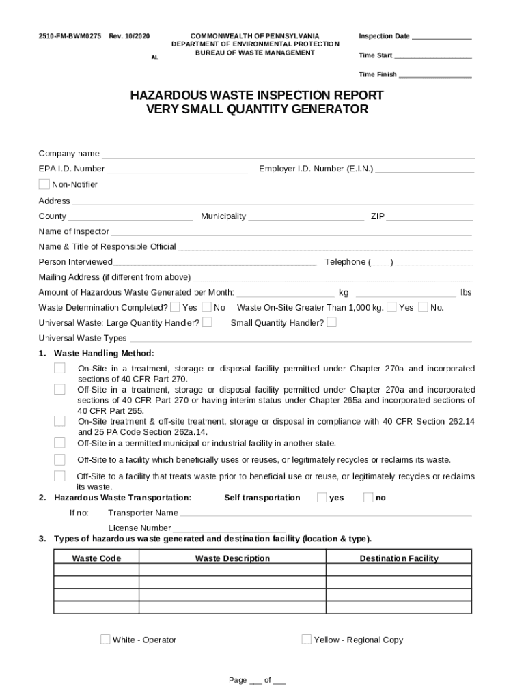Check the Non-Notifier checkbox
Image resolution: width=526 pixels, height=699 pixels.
pyautogui.click(x=44, y=184)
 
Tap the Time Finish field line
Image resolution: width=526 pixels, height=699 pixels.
pyautogui.click(x=435, y=75)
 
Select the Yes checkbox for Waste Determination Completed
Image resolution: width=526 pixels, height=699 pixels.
pyautogui.click(x=176, y=307)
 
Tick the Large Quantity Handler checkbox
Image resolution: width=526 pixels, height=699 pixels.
pyautogui.click(x=207, y=322)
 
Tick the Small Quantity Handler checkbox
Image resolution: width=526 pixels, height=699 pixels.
pyautogui.click(x=332, y=322)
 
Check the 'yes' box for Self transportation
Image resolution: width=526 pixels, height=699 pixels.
pyautogui.click(x=322, y=498)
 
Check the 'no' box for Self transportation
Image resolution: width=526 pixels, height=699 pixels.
pyautogui.click(x=368, y=498)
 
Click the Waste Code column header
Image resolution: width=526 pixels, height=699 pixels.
pyautogui.click(x=96, y=558)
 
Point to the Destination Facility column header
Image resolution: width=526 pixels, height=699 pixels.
pyautogui.click(x=399, y=558)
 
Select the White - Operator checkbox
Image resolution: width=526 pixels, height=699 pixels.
pyautogui.click(x=105, y=640)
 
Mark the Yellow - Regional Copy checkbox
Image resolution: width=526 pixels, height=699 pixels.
pyautogui.click(x=307, y=640)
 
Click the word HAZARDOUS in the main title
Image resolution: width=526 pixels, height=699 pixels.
pyautogui.click(x=175, y=95)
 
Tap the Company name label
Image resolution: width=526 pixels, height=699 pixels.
pyautogui.click(x=69, y=154)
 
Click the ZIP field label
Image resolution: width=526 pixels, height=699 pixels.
pyautogui.click(x=378, y=216)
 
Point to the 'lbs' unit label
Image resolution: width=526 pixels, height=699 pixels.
pyautogui.click(x=466, y=292)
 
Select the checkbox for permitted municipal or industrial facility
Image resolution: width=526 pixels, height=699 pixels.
pyautogui.click(x=60, y=443)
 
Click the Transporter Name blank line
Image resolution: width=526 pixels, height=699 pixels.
pyautogui.click(x=325, y=513)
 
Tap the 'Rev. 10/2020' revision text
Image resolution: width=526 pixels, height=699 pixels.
pyautogui.click(x=129, y=35)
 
